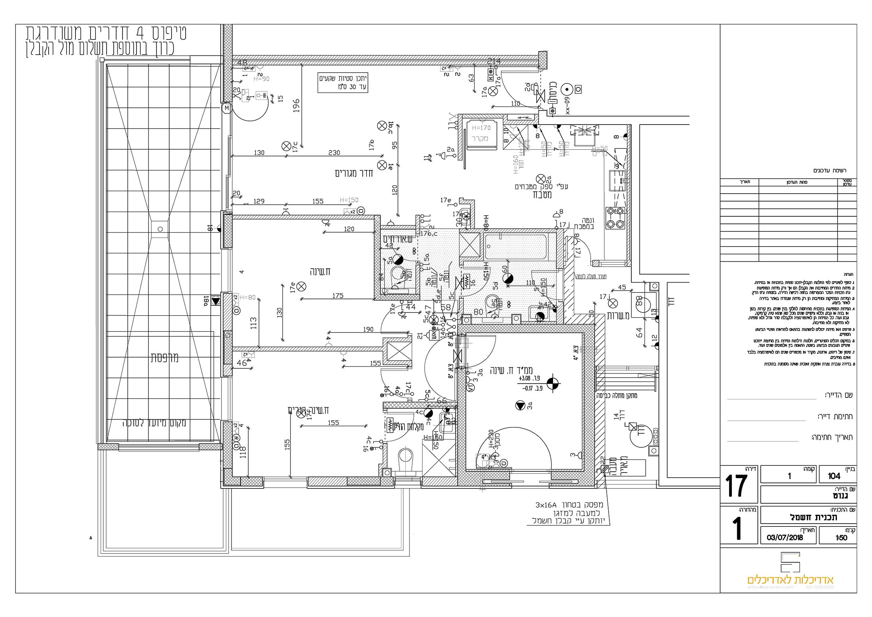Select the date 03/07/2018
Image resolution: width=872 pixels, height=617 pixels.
785,538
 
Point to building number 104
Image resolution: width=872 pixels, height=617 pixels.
834,476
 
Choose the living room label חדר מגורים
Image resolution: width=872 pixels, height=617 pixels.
354,173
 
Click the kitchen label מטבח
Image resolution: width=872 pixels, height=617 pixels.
542,195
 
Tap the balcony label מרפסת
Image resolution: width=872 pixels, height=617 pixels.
164,358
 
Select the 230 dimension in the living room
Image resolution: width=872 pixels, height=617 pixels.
334,152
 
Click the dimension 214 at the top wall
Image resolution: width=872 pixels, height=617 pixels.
494,61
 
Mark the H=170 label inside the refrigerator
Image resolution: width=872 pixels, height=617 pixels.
480,128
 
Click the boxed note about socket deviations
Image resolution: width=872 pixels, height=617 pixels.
342,83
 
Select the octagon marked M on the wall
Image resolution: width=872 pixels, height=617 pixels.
227,108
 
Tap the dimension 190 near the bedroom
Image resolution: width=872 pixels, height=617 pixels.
368,329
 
